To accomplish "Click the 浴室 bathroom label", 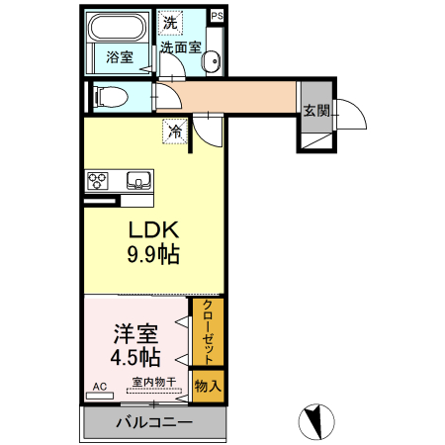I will (120, 58).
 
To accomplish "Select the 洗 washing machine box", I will (170, 22).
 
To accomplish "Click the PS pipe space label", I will (218, 17).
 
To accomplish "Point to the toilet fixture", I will (108, 97).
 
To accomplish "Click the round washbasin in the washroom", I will (211, 62).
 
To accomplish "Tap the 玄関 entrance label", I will (316, 109).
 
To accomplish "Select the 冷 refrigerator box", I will (175, 130).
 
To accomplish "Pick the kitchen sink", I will (137, 180).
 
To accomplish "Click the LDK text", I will (152, 228).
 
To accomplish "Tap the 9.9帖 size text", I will (152, 254).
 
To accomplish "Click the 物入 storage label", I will (208, 385).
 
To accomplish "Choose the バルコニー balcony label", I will (153, 423).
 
